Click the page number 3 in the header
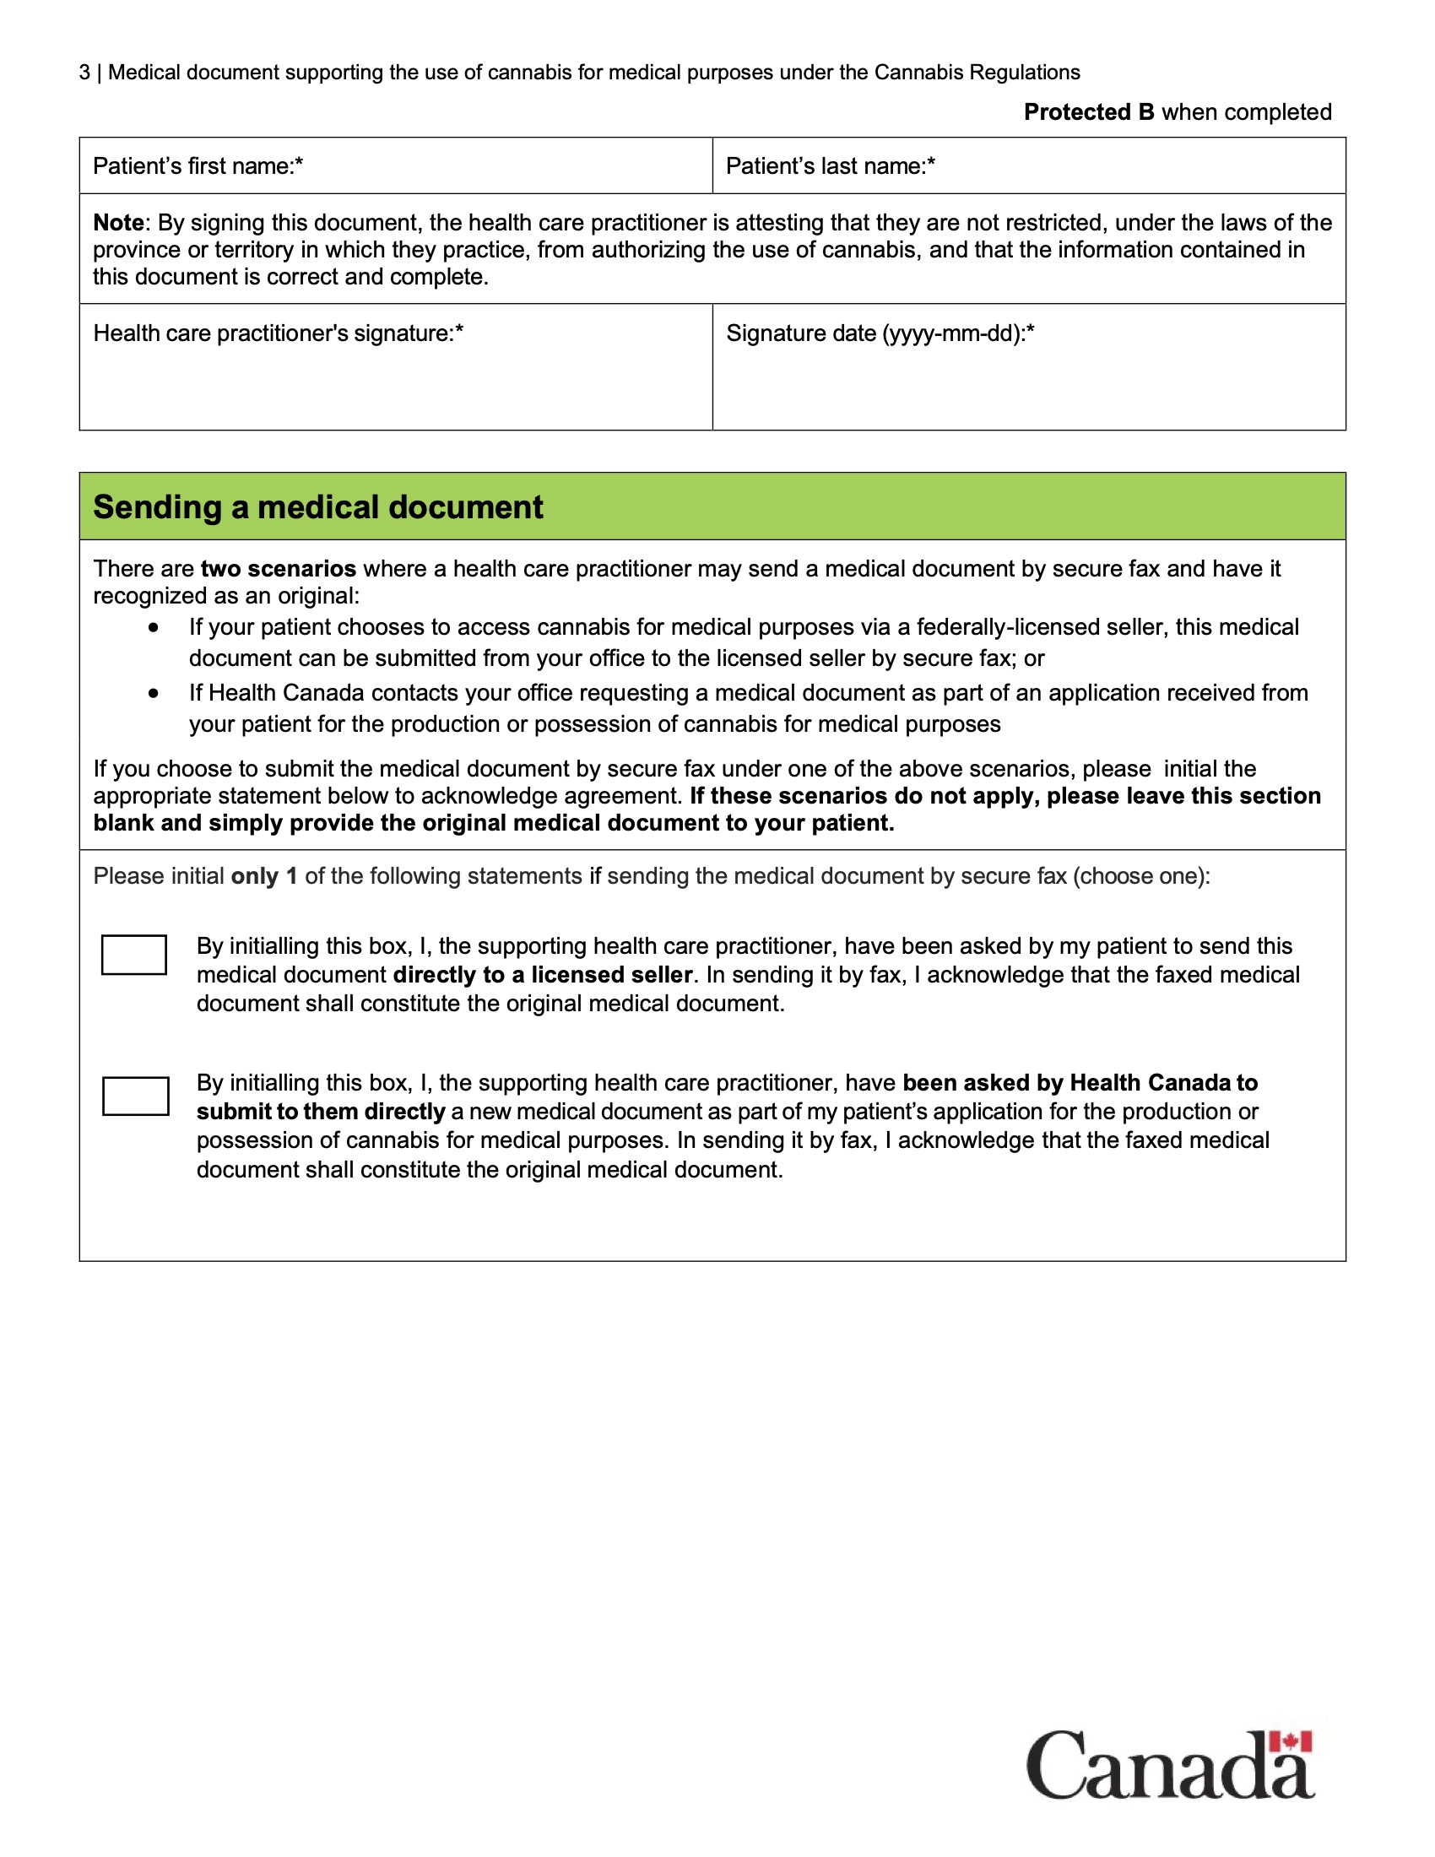pos(84,73)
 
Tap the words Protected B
pos(1088,112)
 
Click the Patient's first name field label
pos(198,166)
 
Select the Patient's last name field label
pos(830,166)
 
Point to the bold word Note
pos(118,223)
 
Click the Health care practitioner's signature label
pos(278,333)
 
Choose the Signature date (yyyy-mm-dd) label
pos(880,333)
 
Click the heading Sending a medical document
pos(318,507)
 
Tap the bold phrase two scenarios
pos(278,569)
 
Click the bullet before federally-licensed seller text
pos(153,627)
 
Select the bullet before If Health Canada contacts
pos(153,694)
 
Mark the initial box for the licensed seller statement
pos(133,955)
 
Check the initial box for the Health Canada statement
pos(135,1096)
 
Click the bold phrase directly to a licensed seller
pos(543,975)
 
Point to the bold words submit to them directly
pos(321,1113)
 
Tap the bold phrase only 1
pos(263,877)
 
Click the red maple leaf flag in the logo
pos(1291,1742)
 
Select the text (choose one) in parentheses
pos(1141,877)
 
